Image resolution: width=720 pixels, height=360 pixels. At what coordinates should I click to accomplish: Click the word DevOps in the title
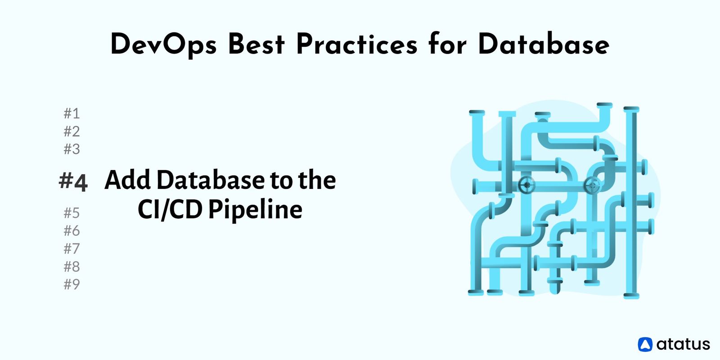point(163,45)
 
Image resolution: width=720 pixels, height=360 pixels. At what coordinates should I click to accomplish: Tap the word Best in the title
point(256,45)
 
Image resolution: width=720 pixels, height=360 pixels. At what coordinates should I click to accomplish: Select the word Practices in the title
point(356,45)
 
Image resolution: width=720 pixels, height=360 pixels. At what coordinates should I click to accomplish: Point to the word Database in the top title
point(544,45)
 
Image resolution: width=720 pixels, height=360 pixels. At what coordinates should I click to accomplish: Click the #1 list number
point(72,113)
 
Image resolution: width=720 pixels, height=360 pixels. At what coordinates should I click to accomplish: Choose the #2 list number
point(72,131)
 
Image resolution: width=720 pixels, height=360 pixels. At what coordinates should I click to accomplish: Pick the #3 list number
point(72,148)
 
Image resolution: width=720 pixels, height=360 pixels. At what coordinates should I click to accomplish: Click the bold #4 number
point(73,181)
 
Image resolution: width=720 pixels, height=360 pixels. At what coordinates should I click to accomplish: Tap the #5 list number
point(72,212)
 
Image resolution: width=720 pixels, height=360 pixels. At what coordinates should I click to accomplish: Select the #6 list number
point(72,230)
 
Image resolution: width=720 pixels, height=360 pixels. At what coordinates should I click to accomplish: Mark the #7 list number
point(72,248)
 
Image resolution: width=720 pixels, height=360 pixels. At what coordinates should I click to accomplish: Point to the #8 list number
point(72,266)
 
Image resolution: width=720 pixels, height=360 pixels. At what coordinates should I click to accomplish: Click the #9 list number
point(72,284)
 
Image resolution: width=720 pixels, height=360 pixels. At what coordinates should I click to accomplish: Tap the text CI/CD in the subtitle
point(170,210)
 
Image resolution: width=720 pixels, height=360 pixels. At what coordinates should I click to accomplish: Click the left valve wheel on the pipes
point(526,184)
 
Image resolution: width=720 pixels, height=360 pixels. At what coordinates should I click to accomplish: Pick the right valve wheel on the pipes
point(592,185)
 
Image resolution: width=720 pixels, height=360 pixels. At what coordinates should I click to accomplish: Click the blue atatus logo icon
point(645,344)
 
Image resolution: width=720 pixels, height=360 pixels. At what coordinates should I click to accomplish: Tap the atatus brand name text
point(683,344)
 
